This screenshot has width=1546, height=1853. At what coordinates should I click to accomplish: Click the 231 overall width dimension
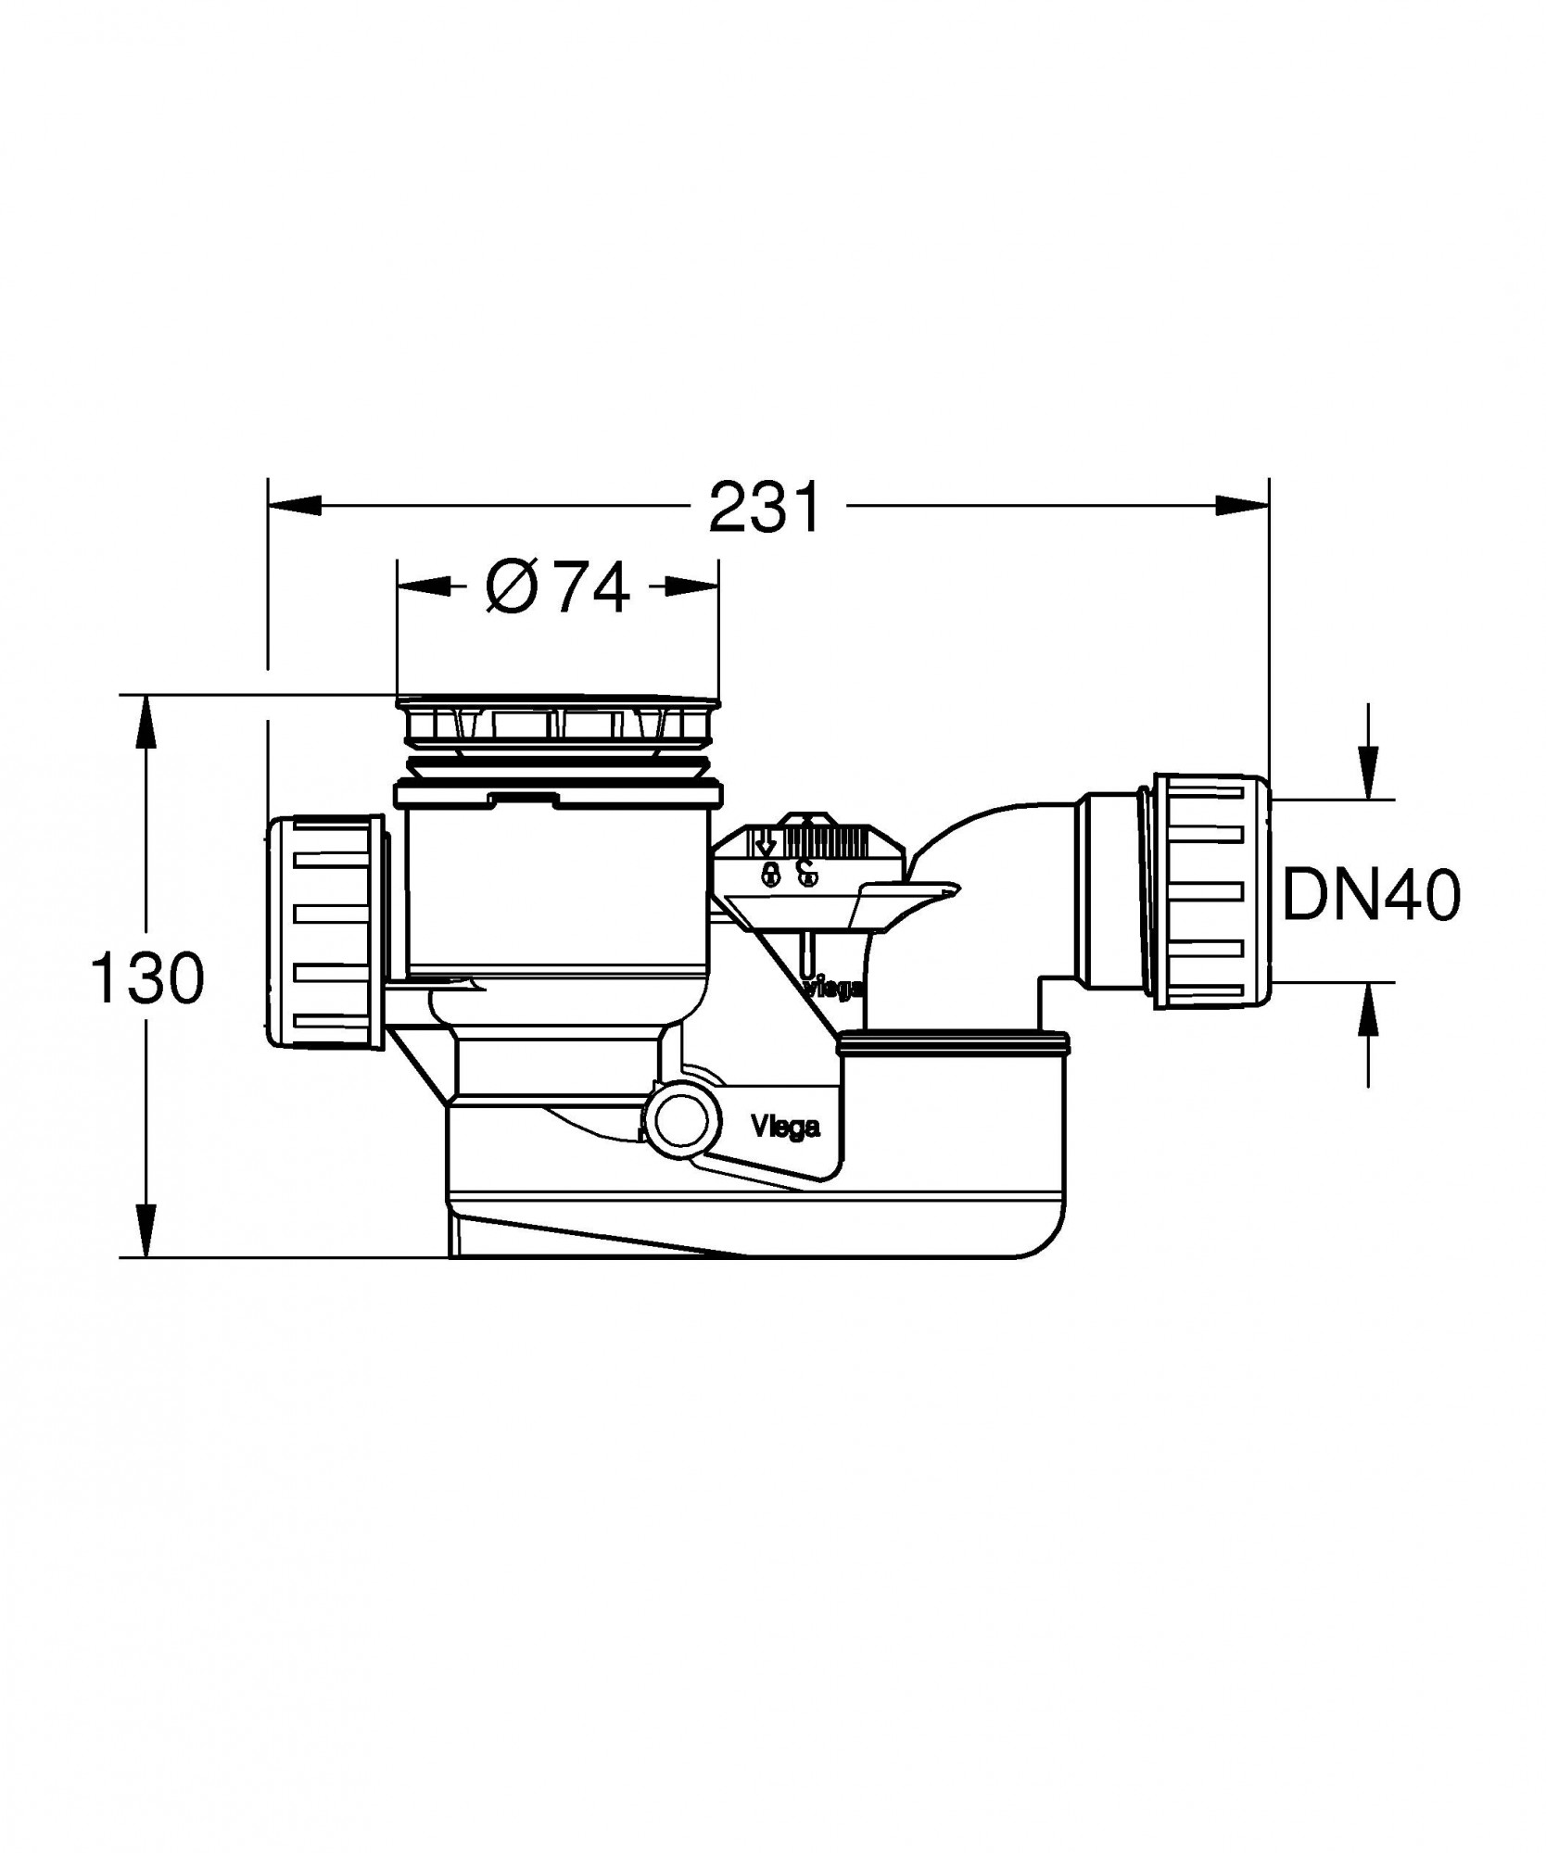point(766,508)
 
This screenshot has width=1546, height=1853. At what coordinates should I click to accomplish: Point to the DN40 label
point(1371,896)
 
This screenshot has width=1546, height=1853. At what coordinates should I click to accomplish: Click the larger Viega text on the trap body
point(785,1128)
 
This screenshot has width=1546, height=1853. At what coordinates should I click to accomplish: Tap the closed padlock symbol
point(769,873)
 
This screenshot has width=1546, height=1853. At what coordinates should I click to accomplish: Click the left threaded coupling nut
point(326,931)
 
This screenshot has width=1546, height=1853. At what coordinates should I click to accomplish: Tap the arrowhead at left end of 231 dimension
point(293,506)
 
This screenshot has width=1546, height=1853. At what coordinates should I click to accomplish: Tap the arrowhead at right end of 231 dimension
point(1243,506)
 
